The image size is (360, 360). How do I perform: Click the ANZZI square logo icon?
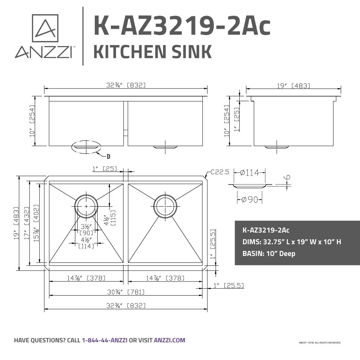45,28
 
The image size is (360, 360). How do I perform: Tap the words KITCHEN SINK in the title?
152,51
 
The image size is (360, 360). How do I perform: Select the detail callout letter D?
108,157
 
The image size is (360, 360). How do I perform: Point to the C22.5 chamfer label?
220,172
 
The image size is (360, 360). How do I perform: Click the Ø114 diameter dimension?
249,172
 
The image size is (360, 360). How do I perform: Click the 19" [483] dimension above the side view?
293,86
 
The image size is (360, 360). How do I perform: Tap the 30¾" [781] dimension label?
126,292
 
